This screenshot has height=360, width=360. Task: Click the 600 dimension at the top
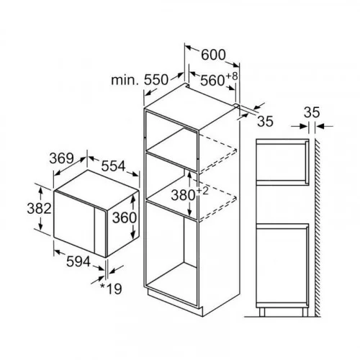(x=213, y=55)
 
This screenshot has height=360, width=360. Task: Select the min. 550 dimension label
(x=140, y=80)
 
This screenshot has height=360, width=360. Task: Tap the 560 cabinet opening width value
(x=212, y=80)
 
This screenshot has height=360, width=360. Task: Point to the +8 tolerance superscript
(x=232, y=76)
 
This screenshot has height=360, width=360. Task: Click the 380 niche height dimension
(x=183, y=195)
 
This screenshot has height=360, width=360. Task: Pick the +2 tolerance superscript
(x=202, y=192)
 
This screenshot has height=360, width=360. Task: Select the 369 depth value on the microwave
(x=61, y=158)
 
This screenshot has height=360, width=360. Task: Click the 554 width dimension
(x=113, y=166)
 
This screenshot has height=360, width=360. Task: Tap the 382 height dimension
(x=39, y=208)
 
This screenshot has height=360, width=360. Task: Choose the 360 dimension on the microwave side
(x=125, y=217)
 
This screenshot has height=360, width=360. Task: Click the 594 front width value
(x=78, y=261)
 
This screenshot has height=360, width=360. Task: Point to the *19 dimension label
(x=111, y=289)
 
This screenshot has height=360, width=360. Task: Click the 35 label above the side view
(x=312, y=112)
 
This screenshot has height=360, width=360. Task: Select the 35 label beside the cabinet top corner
(x=265, y=121)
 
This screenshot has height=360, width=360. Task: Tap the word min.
(x=125, y=80)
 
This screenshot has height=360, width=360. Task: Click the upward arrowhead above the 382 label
(x=40, y=192)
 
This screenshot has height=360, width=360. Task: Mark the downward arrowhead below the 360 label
(x=132, y=233)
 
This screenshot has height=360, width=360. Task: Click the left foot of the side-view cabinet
(x=262, y=312)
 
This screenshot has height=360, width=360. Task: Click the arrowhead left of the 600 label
(x=190, y=48)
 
